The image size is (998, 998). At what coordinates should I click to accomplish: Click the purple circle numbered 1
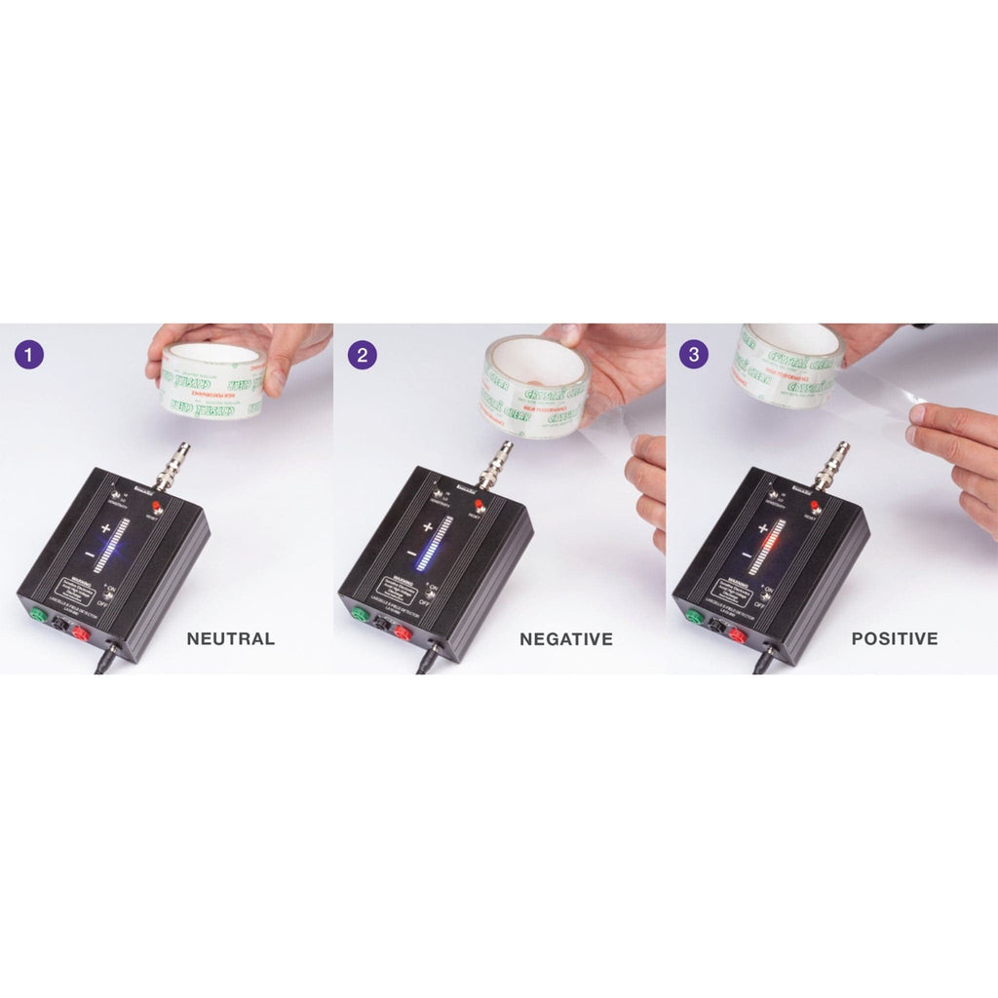(x=30, y=353)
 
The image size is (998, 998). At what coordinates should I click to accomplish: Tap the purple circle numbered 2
(x=363, y=354)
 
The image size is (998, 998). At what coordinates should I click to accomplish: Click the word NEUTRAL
(x=230, y=639)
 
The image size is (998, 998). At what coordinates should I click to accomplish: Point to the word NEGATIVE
(x=565, y=639)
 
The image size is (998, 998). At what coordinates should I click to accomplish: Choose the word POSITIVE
(x=894, y=639)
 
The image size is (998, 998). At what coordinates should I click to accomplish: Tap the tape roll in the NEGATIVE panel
(x=532, y=386)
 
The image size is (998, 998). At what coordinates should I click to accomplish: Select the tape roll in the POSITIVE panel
(x=787, y=365)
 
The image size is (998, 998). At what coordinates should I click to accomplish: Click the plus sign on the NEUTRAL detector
(x=105, y=527)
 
